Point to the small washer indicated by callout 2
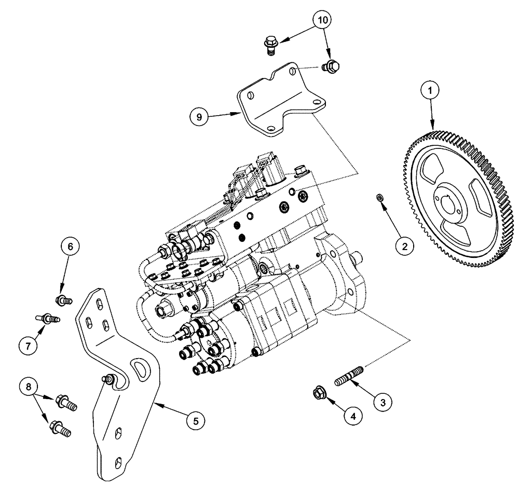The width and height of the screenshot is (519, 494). [379, 197]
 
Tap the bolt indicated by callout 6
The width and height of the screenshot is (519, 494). [62, 299]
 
